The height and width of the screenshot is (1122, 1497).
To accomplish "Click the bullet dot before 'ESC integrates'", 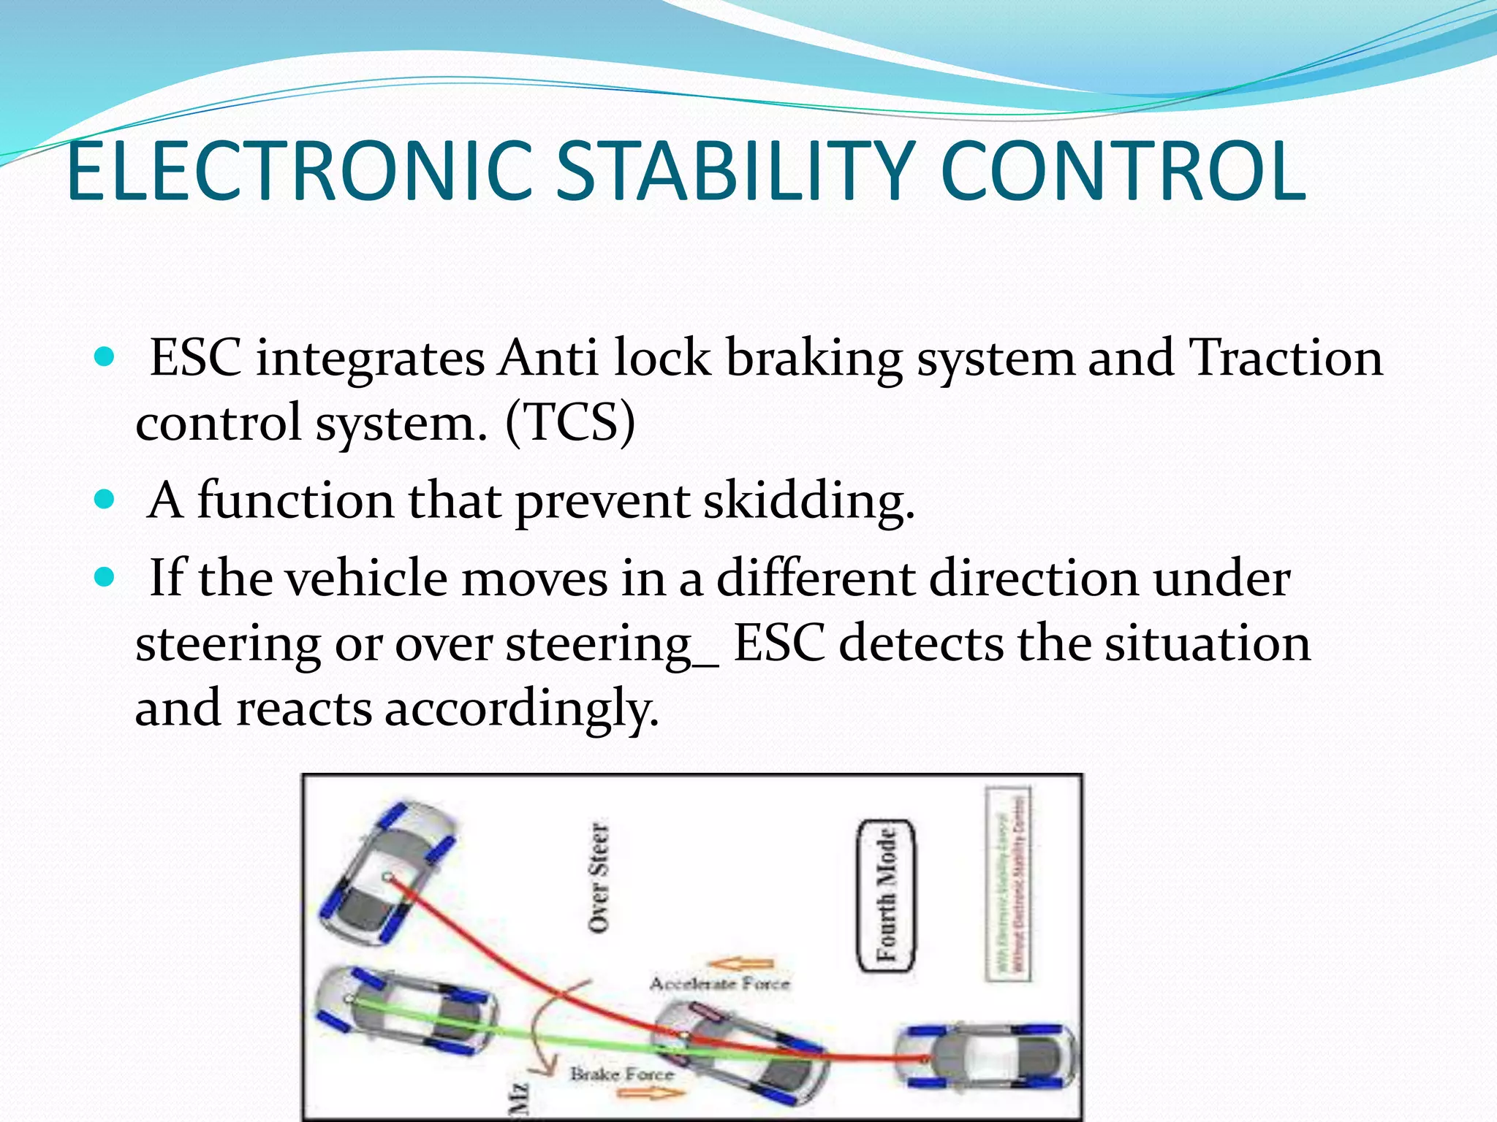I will click(x=105, y=357).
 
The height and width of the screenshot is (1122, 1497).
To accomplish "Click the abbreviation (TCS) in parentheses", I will click(x=570, y=422).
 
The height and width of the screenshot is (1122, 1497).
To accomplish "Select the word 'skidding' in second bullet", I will click(x=808, y=501).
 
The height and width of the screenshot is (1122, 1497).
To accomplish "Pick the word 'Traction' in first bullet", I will click(x=1286, y=357).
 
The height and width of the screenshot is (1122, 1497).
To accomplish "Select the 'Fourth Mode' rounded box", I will click(x=886, y=896).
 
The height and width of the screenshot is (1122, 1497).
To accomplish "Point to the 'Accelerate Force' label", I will click(x=720, y=984).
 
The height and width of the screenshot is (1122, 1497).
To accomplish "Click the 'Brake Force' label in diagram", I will click(x=622, y=1074).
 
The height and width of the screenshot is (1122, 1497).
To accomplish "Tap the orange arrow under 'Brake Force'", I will click(x=650, y=1094).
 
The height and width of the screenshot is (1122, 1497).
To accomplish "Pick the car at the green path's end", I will click(x=406, y=1012).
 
